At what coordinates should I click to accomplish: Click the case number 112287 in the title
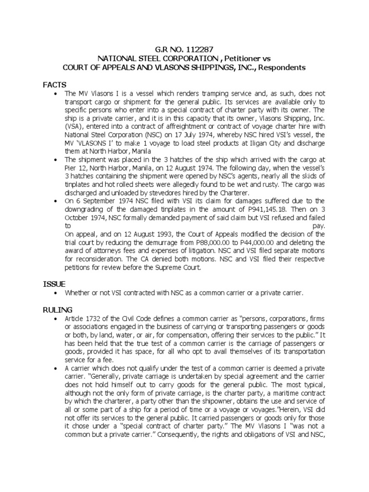198,49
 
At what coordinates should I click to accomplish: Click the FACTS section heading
54,85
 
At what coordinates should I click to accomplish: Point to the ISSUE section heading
53,284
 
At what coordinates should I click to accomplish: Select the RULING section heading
56,310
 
